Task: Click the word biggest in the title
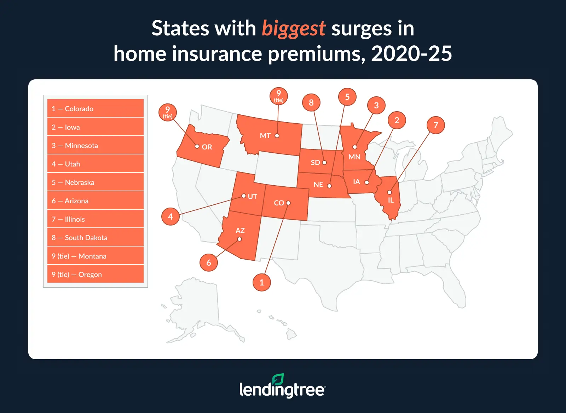(x=293, y=29)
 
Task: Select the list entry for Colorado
(x=96, y=108)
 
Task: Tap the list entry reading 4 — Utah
(x=96, y=164)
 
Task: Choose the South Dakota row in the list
(x=96, y=237)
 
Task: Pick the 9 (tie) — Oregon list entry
(x=96, y=274)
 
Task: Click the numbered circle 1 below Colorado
(x=262, y=282)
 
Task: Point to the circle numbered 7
(x=436, y=125)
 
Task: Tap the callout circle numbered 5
(x=347, y=97)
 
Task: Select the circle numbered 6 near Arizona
(x=209, y=262)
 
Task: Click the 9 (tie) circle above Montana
(x=279, y=96)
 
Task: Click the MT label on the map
(x=265, y=136)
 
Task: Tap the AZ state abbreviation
(x=240, y=231)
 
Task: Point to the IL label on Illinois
(x=391, y=200)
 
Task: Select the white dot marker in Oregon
(x=197, y=146)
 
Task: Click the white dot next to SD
(x=324, y=163)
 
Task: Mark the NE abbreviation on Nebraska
(x=318, y=185)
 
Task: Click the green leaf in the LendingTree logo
(x=278, y=380)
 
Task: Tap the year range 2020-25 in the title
(x=411, y=54)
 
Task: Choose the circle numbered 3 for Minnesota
(x=376, y=105)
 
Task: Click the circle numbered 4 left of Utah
(x=171, y=216)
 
